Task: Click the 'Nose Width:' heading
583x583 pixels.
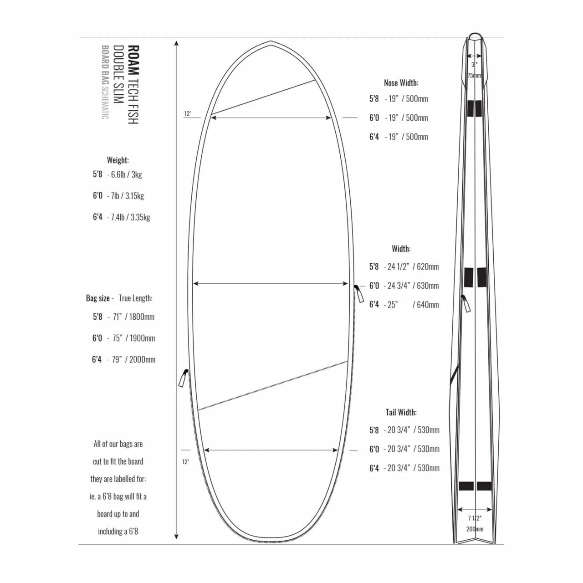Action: [x=401, y=83]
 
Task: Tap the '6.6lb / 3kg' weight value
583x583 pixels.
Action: [x=126, y=174]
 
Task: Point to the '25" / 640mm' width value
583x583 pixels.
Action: [x=413, y=305]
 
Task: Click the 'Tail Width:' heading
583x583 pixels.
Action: [x=401, y=413]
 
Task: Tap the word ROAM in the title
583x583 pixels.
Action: [x=133, y=60]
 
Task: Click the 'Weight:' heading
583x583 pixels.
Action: [x=118, y=160]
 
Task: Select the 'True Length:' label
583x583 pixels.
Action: [x=135, y=298]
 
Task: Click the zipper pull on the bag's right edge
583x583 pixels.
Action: [x=359, y=294]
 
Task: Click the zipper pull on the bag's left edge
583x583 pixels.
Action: [x=183, y=378]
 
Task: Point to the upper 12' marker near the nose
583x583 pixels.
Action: [x=187, y=114]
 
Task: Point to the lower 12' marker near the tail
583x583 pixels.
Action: [x=185, y=462]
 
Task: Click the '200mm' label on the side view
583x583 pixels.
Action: [x=475, y=529]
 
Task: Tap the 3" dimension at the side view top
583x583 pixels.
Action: [x=474, y=65]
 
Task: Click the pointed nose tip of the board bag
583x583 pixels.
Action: [x=271, y=42]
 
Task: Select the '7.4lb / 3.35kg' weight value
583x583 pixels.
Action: [x=130, y=218]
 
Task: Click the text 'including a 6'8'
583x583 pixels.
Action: [x=118, y=532]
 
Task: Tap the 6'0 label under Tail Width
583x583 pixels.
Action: [x=374, y=450]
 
